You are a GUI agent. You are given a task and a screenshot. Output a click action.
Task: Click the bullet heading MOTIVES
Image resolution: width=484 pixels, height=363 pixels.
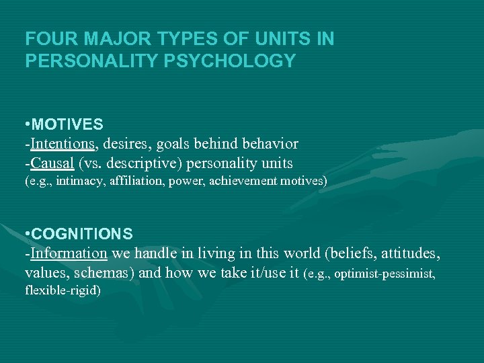click(67, 124)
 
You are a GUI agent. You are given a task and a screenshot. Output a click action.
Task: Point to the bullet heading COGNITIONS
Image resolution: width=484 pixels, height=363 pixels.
click(82, 234)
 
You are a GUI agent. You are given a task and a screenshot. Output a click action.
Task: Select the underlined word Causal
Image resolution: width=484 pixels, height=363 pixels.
click(52, 163)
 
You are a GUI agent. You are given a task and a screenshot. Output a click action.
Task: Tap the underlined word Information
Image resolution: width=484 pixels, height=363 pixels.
click(69, 253)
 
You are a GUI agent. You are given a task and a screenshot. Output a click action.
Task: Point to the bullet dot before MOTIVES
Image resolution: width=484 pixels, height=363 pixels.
click(27, 124)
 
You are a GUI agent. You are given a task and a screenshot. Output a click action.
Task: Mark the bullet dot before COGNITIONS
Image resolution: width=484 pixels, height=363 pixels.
click(27, 234)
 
